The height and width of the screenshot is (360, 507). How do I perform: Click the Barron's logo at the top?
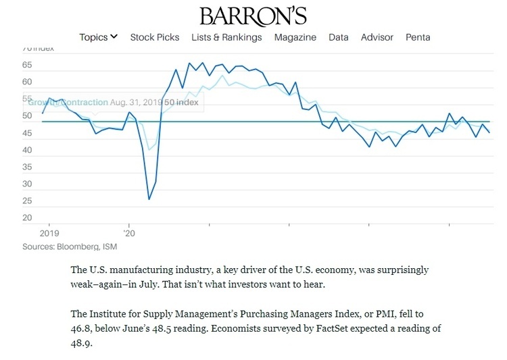point(253,16)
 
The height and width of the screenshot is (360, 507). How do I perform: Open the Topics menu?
point(99,37)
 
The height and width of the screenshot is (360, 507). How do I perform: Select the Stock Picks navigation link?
point(155,37)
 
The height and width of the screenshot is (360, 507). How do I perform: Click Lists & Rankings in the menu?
point(226,37)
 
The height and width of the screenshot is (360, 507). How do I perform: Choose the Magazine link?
point(295,37)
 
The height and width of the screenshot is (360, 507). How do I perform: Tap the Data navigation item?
point(339,37)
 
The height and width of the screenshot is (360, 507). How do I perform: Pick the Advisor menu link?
point(377,37)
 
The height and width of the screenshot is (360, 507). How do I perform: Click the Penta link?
point(418,37)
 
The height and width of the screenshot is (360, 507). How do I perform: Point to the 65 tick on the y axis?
point(27,66)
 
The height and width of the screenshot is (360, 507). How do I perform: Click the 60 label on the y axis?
point(27,82)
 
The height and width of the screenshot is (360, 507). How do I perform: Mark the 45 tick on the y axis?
point(27,133)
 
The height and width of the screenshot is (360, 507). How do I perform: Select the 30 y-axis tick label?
point(27,184)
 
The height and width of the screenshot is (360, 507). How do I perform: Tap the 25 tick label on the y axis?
point(27,201)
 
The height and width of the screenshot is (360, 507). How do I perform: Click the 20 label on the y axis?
point(27,217)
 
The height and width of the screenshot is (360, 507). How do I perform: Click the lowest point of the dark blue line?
point(149,199)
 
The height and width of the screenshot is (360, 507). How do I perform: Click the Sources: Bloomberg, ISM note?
point(65,247)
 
